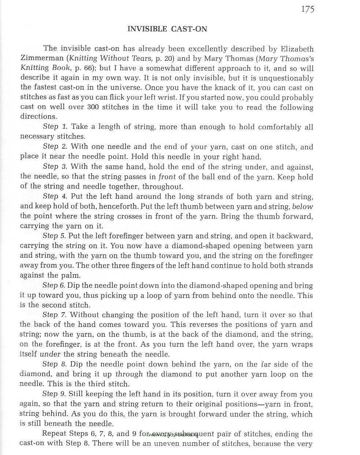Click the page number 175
(307, 9)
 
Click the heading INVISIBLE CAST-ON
(167, 29)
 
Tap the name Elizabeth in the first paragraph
(297, 49)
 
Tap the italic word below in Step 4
(303, 206)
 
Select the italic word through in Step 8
(129, 374)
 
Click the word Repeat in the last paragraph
(54, 434)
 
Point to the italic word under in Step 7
(50, 354)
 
